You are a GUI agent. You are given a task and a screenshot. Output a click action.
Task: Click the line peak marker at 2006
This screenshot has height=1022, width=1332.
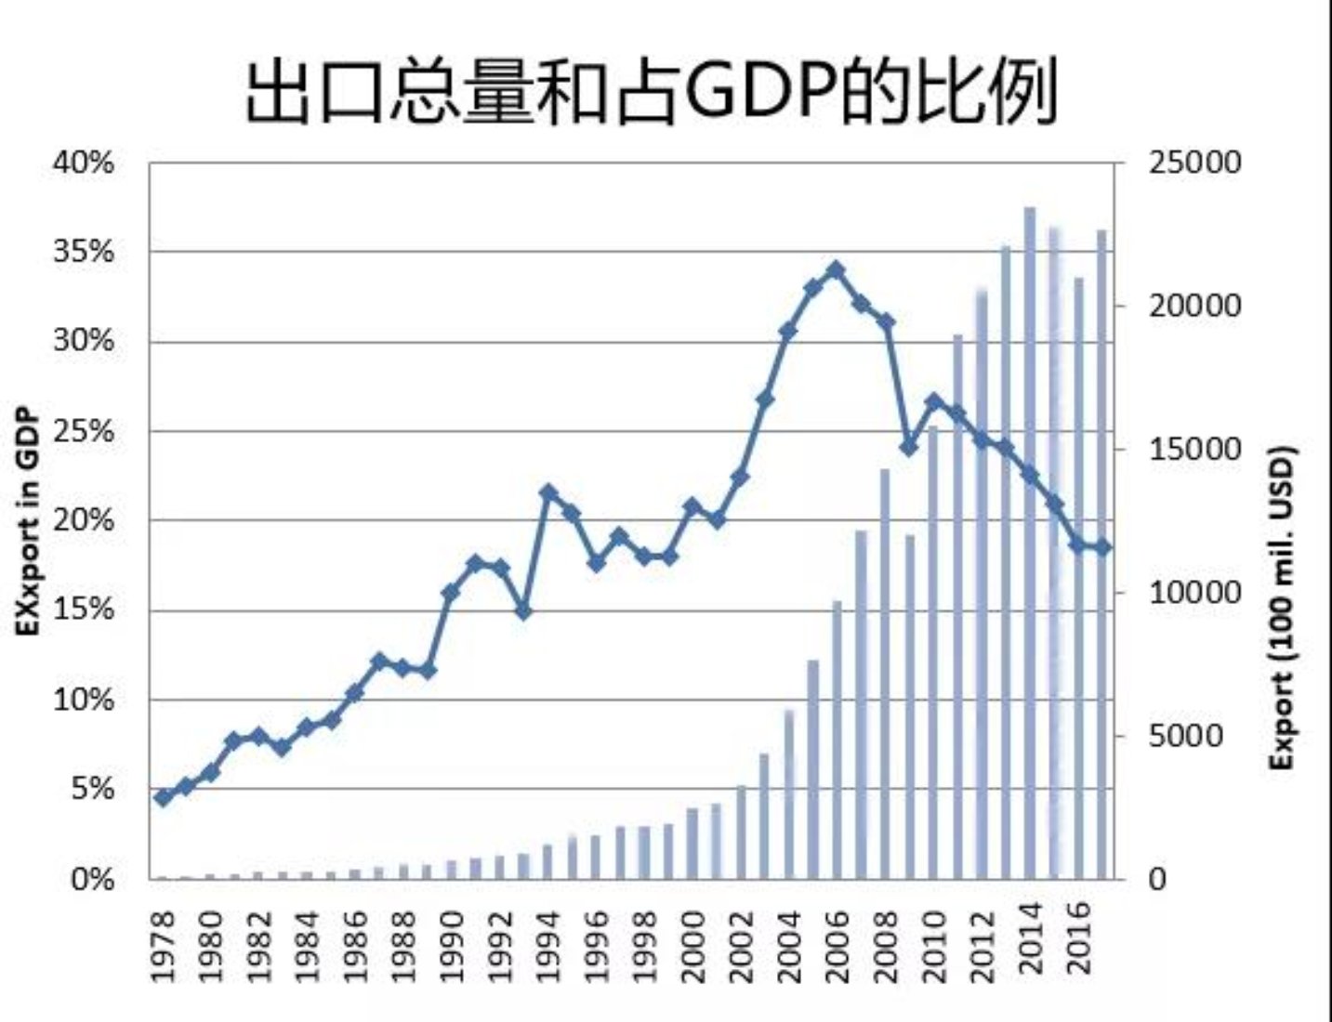(x=836, y=270)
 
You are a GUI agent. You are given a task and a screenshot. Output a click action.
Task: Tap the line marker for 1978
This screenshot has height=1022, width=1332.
(x=164, y=797)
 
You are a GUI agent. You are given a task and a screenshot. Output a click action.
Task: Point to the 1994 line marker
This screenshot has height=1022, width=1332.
(x=548, y=492)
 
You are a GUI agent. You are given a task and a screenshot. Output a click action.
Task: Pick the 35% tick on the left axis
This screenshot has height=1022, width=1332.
(x=84, y=252)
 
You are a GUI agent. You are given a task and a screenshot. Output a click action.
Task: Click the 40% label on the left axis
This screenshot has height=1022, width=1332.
(x=84, y=164)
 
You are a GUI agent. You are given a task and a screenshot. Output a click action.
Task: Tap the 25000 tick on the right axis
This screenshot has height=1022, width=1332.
(x=1194, y=164)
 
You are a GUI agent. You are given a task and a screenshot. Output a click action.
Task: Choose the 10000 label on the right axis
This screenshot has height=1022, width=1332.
(x=1194, y=593)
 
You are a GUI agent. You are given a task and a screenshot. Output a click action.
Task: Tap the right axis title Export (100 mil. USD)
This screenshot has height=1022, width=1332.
(x=1283, y=609)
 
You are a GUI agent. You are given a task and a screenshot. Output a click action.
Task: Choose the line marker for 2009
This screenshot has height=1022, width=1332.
(x=909, y=448)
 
